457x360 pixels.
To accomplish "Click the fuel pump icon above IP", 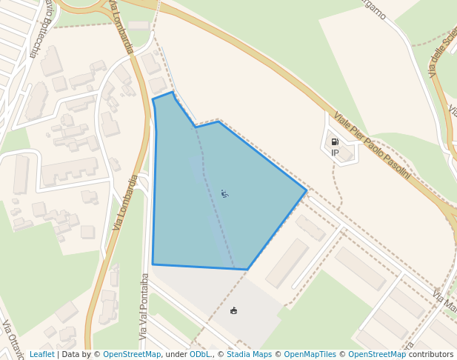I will point(335,141).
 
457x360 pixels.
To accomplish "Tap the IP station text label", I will point(335,153).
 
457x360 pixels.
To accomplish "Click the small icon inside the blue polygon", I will point(224,194).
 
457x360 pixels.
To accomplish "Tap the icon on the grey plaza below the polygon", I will point(234,310).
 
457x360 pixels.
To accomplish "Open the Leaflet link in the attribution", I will point(41,354).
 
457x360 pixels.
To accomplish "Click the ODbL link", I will point(200,354).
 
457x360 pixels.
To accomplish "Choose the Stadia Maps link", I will point(249,354).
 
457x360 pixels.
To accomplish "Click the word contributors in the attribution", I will point(431,354).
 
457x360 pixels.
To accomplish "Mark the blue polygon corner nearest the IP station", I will point(307,190).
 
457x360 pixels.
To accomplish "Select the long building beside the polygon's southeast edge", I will point(287,262).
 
